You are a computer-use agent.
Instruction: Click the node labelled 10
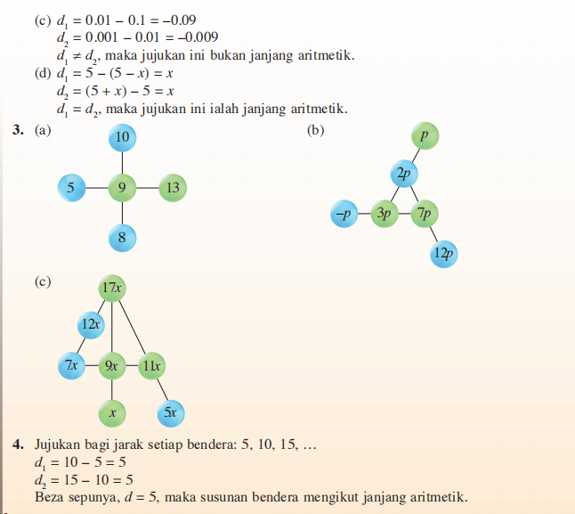(x=122, y=137)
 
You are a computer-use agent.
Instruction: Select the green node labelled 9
(x=122, y=188)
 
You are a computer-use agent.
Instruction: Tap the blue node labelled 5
(x=70, y=188)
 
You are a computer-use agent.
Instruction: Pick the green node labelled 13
(x=173, y=188)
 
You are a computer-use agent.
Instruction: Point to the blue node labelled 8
(x=122, y=237)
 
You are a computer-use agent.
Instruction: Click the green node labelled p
(x=425, y=136)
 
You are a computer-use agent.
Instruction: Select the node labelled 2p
(x=403, y=175)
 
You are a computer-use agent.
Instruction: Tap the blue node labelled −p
(x=343, y=215)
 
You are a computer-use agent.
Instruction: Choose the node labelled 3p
(x=385, y=215)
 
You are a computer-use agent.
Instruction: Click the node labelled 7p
(x=425, y=215)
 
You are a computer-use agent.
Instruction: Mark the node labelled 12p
(x=443, y=254)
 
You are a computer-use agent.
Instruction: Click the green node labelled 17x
(x=112, y=288)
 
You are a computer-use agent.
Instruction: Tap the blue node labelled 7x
(x=70, y=365)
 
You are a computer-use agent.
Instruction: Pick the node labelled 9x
(x=112, y=365)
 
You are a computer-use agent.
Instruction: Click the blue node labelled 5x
(x=171, y=412)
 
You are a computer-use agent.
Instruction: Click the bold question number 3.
(x=18, y=130)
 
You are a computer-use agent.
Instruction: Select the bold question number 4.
(x=18, y=444)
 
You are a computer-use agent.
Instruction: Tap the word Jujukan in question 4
(x=61, y=444)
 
